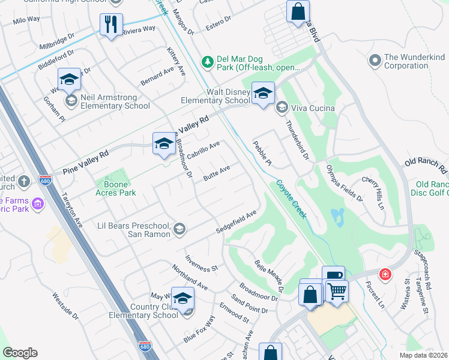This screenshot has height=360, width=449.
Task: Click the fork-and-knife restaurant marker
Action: (111, 25)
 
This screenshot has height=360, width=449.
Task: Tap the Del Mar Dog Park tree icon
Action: (207, 62)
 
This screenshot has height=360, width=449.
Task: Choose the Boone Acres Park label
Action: (116, 188)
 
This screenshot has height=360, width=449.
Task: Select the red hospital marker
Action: (385, 274)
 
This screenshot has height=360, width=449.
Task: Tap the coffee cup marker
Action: (334, 275)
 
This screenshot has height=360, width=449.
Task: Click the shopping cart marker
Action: (337, 291)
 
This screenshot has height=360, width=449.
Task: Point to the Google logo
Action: (20, 353)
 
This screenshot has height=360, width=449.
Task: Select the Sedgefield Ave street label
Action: (237, 223)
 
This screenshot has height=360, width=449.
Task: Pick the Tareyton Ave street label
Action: (72, 209)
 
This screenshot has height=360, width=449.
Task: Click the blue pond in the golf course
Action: (337, 217)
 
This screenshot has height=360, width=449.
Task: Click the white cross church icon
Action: (23, 181)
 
